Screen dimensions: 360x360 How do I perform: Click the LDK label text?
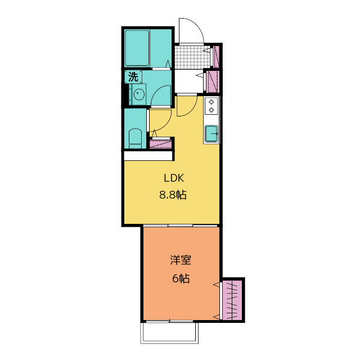(174, 178)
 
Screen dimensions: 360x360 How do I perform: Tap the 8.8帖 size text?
(173, 195)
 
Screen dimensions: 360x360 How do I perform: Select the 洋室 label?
(181, 260)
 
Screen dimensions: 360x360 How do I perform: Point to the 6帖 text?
(181, 278)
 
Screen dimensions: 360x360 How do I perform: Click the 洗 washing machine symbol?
(133, 76)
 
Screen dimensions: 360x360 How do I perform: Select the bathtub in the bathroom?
(137, 48)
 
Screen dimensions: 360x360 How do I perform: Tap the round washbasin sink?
(139, 94)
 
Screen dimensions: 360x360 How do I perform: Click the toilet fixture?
(135, 139)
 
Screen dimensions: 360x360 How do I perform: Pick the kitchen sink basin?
(211, 133)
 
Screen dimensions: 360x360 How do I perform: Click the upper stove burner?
(211, 102)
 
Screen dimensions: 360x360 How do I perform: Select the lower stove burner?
(211, 110)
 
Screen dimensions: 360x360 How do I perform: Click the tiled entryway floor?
(192, 57)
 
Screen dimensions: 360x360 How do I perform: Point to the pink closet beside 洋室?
(232, 300)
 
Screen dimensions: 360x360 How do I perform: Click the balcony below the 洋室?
(169, 332)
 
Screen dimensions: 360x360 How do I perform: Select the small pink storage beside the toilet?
(160, 143)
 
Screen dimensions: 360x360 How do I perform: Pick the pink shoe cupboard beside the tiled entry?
(216, 57)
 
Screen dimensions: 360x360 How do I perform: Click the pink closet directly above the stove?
(213, 82)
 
